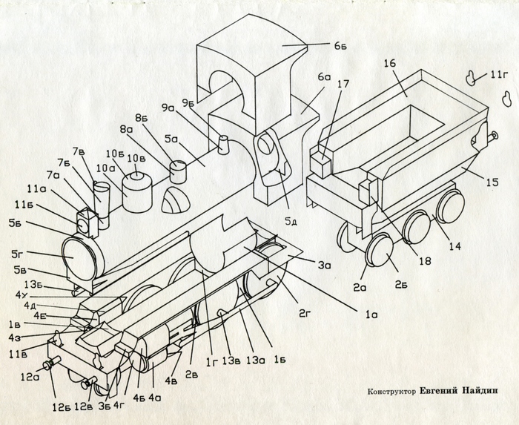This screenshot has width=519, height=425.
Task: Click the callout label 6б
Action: [x=340, y=45]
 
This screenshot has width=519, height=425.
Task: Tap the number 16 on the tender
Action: [x=390, y=63]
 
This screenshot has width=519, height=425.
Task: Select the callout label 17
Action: [x=343, y=84]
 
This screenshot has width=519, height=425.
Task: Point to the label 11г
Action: [x=499, y=74]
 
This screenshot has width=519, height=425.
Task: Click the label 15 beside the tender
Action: [x=492, y=182]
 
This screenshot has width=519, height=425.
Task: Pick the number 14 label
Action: [x=454, y=246]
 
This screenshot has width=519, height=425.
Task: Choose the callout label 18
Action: [x=425, y=261]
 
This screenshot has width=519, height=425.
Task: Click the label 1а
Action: [x=371, y=314]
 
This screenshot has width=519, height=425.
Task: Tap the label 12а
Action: [x=29, y=376]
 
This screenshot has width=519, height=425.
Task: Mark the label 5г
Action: [x=17, y=255]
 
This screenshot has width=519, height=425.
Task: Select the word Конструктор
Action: [x=391, y=392]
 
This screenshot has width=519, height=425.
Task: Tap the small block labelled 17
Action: [x=320, y=165]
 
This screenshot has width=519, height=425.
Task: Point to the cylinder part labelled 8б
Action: [x=179, y=171]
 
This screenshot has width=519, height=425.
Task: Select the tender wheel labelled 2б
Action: [x=380, y=251]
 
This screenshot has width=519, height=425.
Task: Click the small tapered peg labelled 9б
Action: [x=223, y=145]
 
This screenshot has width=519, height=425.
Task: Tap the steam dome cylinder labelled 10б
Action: [x=137, y=193]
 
